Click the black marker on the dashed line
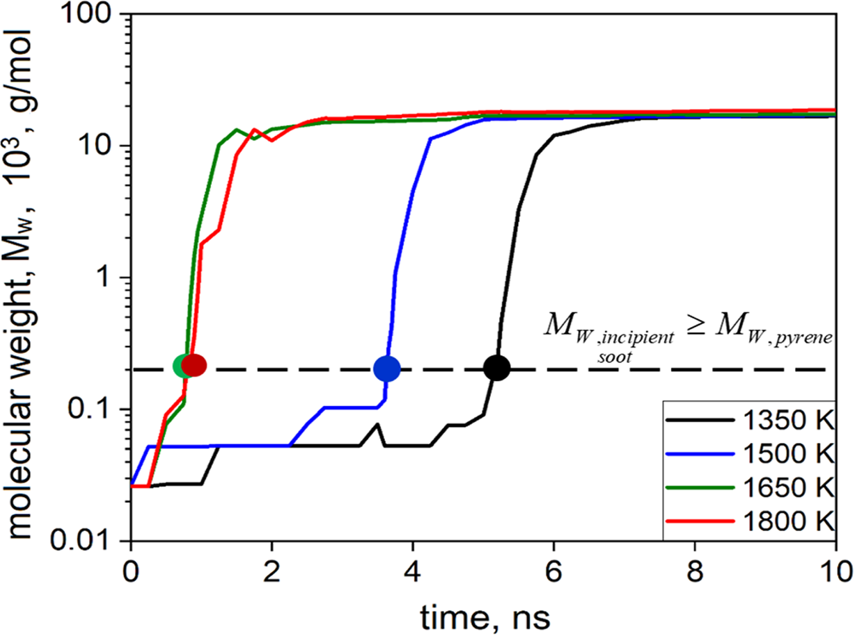click(x=497, y=368)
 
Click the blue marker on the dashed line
click(x=387, y=368)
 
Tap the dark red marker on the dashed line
click(x=194, y=366)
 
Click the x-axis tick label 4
click(x=412, y=572)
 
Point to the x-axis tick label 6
click(x=553, y=572)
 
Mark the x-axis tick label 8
click(x=695, y=572)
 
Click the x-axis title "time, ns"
click(x=485, y=618)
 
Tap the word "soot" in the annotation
click(x=614, y=357)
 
